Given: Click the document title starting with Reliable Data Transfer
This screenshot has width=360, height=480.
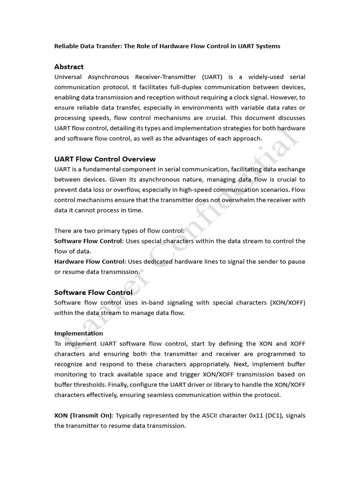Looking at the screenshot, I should (167, 46).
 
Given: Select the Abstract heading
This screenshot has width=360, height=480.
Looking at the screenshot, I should (69, 67).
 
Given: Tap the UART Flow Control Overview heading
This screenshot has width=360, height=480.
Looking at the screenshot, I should (105, 159).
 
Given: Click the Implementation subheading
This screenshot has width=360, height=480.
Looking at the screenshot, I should (79, 333).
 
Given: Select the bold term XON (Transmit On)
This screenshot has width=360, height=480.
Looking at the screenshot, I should (83, 416).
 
